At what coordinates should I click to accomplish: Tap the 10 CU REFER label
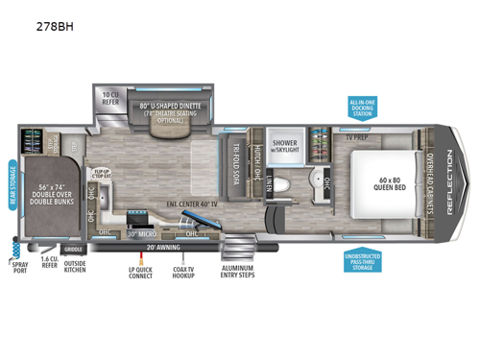pyautogui.click(x=110, y=96)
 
